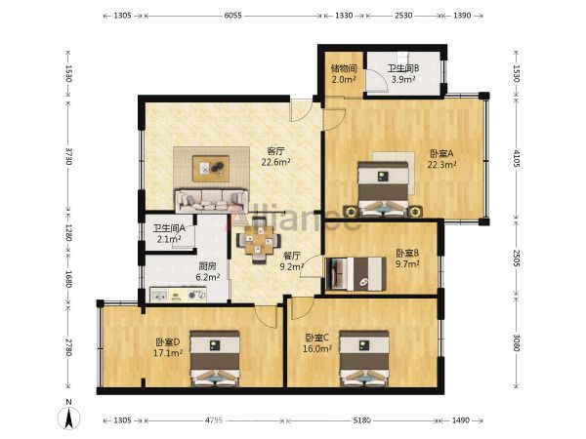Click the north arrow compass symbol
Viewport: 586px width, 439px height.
tap(68, 416)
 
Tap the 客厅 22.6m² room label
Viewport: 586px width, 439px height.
tap(275, 156)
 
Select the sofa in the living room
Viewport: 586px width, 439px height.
tap(212, 201)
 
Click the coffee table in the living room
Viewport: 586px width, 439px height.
tap(211, 169)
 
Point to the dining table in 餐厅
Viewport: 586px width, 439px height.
tap(259, 241)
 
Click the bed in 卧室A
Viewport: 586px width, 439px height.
tap(383, 189)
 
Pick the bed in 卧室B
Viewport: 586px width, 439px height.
tap(356, 274)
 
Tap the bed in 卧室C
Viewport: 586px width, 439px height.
tap(364, 358)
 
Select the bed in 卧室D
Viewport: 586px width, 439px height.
tap(215, 358)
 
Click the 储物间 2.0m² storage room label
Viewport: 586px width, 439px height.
tap(344, 73)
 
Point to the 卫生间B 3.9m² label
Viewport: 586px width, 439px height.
tap(403, 73)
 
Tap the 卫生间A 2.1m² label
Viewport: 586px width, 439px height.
tap(169, 234)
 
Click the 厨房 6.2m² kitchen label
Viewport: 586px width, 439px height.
tap(208, 271)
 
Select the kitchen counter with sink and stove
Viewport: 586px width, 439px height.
tap(179, 295)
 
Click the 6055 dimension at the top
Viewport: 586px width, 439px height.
tap(232, 16)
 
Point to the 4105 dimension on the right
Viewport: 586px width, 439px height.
tap(516, 159)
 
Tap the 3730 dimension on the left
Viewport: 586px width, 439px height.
tap(68, 156)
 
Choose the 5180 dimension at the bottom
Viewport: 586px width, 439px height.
tap(362, 420)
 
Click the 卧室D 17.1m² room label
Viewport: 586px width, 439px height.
tap(168, 347)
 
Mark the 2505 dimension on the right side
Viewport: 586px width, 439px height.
tap(516, 259)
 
